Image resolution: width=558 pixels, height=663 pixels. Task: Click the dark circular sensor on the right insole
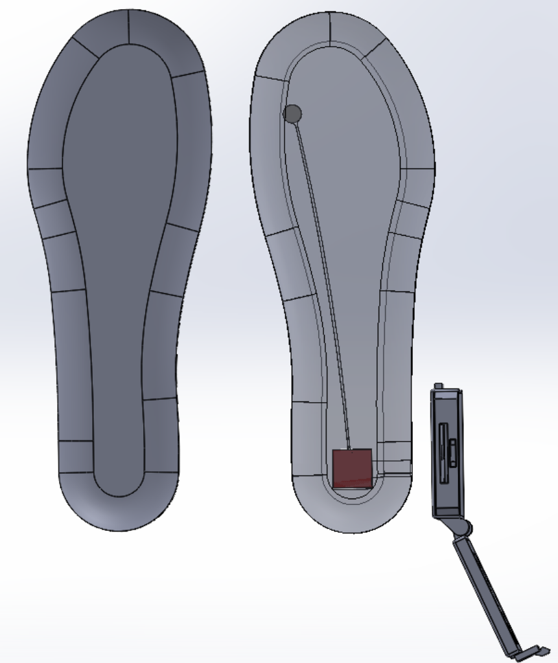tap(293, 114)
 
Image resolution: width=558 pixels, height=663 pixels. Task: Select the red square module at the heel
tap(352, 466)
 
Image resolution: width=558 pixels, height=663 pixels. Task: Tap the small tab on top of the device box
tap(438, 386)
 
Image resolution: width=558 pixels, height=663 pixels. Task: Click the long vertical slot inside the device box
tap(443, 453)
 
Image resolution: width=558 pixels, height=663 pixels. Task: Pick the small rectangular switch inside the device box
tap(452, 453)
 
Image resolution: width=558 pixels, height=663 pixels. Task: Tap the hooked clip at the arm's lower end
tap(535, 650)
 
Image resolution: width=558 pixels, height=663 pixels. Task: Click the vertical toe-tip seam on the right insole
tap(331, 29)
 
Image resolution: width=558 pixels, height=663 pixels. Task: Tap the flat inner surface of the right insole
tap(350, 194)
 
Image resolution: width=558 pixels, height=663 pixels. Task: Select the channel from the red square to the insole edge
tap(392, 460)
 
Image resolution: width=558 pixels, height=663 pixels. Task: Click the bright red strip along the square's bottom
tap(353, 484)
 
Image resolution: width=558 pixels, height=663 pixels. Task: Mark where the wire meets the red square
tap(349, 449)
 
